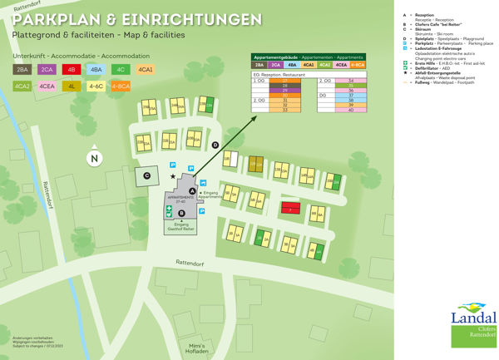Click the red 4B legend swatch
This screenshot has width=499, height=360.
(x=73, y=70)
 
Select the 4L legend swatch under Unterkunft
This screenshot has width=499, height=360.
(x=73, y=86)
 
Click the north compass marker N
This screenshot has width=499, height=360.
(x=95, y=158)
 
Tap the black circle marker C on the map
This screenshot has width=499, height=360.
(x=146, y=175)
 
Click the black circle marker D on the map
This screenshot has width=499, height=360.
(x=215, y=145)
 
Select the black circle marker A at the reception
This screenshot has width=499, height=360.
(x=192, y=190)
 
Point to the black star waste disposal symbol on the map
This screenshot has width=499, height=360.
(x=173, y=176)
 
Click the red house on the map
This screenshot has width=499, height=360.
(x=289, y=208)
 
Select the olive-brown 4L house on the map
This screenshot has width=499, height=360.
(x=256, y=165)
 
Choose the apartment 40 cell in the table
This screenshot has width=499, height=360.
(x=352, y=110)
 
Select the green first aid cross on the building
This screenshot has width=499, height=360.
(x=169, y=207)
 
